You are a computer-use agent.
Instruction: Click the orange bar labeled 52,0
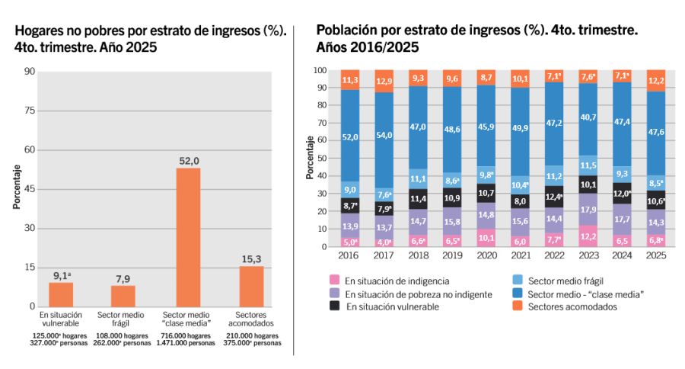coord(188,236)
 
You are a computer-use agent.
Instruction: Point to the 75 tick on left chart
coord(30,111)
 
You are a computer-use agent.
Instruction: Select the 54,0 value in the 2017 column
coord(384,135)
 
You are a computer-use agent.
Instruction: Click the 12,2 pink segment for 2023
coord(588,236)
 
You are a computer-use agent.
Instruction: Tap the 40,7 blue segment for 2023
coord(588,118)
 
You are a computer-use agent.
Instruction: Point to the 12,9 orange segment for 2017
coord(384,81)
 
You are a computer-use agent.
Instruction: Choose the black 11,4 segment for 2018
coord(418,199)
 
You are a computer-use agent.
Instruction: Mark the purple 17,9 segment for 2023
coord(588,210)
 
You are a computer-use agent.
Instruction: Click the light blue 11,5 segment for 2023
coord(588,165)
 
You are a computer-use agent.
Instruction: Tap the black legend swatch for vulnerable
coord(334,306)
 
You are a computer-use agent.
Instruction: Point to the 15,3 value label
coord(251,259)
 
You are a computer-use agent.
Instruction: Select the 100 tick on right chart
coord(320,71)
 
